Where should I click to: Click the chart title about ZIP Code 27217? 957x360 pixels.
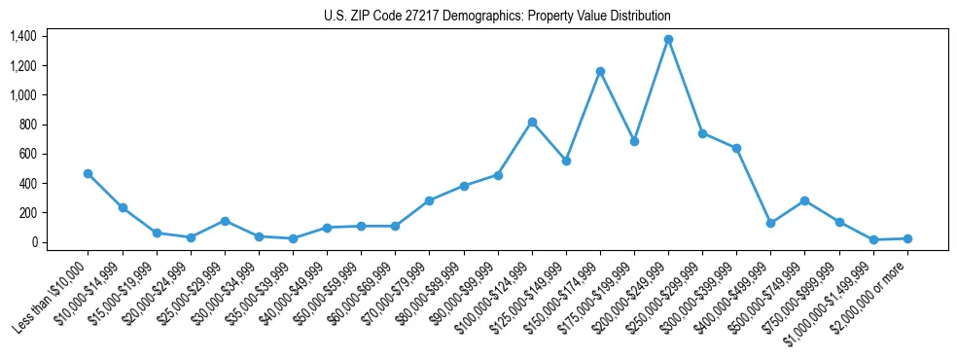coord(497,17)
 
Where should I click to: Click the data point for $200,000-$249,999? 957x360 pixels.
coord(668,40)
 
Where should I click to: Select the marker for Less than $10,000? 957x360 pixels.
coord(88,173)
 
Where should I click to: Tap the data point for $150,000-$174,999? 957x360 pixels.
coord(600,71)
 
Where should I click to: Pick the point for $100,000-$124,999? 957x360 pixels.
coord(532,122)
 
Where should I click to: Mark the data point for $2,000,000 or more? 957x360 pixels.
coord(907,238)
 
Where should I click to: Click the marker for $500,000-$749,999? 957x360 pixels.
coord(805,200)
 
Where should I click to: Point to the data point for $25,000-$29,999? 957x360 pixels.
coord(225,221)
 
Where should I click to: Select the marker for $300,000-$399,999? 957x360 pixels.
coord(736,148)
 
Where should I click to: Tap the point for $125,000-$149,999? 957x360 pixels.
coord(566,161)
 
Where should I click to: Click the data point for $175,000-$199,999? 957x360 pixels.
coord(634,141)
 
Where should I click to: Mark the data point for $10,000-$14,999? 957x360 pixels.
coord(123,207)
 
